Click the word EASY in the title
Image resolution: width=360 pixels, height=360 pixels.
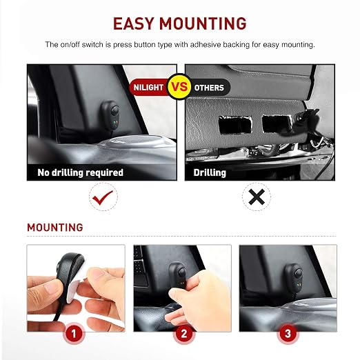click(133, 23)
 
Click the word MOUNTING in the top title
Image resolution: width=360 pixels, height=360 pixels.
click(203, 23)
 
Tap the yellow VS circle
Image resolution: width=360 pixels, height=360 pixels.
click(180, 87)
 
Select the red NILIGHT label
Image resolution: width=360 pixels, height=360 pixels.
click(148, 88)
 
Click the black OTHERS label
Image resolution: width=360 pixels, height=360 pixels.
click(209, 88)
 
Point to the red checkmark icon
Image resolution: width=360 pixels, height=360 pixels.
click(102, 197)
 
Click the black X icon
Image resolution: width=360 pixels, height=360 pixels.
click(257, 197)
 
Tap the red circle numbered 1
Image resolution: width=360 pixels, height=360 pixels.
click(74, 334)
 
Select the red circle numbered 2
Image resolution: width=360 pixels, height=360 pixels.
click(183, 334)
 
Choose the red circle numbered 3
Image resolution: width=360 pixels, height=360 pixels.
click(288, 334)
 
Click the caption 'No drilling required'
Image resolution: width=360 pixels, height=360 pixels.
click(81, 172)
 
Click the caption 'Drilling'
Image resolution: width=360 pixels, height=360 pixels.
click(210, 172)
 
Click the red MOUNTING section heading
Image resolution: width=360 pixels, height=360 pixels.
click(55, 228)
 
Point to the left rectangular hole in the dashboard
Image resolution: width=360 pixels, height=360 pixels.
click(234, 125)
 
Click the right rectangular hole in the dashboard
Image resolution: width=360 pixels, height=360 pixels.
click(277, 123)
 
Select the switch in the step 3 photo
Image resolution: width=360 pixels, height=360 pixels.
click(294, 278)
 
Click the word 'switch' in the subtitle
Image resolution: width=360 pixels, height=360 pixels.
click(92, 44)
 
